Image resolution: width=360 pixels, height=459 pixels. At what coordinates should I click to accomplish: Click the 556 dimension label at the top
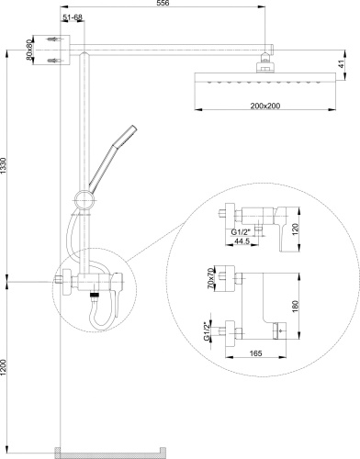pyautogui.click(x=163, y=3)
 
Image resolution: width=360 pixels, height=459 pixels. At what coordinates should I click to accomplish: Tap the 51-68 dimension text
pyautogui.click(x=73, y=17)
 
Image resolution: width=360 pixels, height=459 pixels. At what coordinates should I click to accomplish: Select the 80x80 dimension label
pyautogui.click(x=29, y=50)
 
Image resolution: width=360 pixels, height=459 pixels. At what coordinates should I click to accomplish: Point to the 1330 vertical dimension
pyautogui.click(x=3, y=166)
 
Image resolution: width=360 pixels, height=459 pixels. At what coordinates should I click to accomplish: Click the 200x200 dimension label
pyautogui.click(x=265, y=106)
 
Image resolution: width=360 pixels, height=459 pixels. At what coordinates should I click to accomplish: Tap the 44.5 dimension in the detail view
pyautogui.click(x=242, y=241)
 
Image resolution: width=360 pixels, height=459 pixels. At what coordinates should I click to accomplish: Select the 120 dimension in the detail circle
pyautogui.click(x=295, y=229)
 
